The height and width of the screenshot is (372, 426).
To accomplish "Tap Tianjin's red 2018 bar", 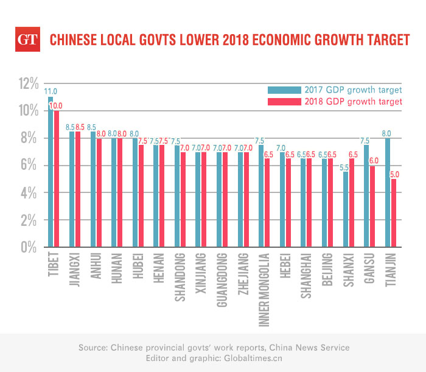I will (x=394, y=213).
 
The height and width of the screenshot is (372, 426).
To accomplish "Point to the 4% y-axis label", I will (x=30, y=194).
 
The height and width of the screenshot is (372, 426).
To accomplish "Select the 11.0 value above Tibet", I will (x=49, y=91).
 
